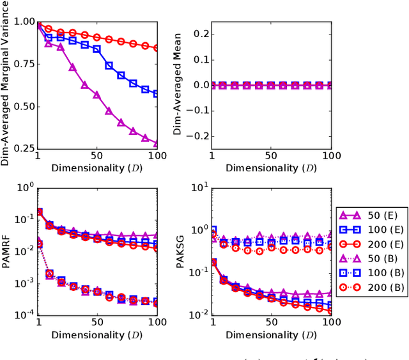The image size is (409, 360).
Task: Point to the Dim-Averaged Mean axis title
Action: (178, 84)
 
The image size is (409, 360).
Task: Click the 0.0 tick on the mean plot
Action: (199, 85)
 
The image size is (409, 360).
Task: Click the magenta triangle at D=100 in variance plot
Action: (157, 144)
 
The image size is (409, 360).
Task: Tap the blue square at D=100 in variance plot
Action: (157, 94)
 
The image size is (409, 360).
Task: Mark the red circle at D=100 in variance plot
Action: (157, 47)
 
